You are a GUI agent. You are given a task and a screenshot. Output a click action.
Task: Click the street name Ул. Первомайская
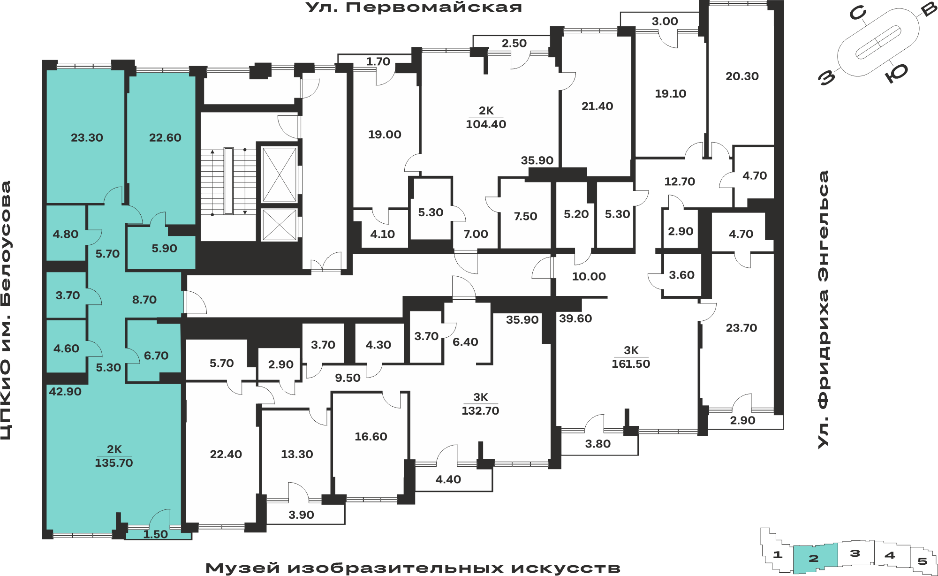(x=414, y=8)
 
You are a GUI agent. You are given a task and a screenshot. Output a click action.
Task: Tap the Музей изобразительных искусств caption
(x=413, y=568)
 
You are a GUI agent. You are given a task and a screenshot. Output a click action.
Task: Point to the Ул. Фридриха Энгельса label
(x=823, y=310)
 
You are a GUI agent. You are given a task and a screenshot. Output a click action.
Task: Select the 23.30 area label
(x=87, y=137)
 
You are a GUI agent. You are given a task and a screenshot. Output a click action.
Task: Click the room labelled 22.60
(x=165, y=137)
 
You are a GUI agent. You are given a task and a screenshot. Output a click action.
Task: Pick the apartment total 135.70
(x=114, y=463)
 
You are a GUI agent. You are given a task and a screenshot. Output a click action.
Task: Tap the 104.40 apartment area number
(x=486, y=124)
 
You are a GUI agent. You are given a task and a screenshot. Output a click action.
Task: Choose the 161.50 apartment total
(x=631, y=364)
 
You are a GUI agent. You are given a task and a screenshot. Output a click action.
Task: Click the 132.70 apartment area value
(x=480, y=411)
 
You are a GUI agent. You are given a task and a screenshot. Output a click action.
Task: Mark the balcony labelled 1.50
(x=155, y=534)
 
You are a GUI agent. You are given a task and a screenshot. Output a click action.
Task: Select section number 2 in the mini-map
(x=813, y=558)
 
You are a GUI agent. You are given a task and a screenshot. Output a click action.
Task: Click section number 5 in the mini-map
(x=922, y=561)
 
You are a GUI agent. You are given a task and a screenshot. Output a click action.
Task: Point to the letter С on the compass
(x=858, y=13)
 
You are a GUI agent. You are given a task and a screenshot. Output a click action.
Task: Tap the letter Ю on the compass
(x=896, y=73)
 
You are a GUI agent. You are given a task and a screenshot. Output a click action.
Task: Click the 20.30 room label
(x=742, y=76)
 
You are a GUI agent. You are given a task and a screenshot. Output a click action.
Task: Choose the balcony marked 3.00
(x=665, y=21)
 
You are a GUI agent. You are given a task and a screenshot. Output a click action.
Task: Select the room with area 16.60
(x=371, y=437)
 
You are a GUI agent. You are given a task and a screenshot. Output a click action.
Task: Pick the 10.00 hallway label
(x=589, y=277)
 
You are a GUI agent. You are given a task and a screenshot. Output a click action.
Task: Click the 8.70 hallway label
(x=144, y=300)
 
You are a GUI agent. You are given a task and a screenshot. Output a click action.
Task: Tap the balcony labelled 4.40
(x=448, y=479)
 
